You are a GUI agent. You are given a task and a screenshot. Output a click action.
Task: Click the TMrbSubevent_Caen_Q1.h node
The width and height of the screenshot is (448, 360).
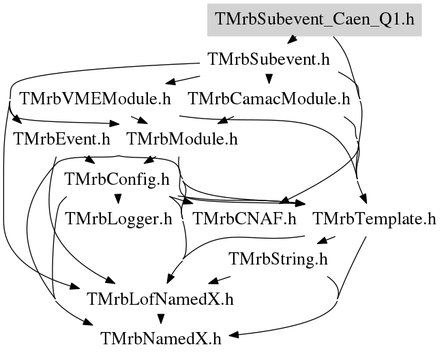(x=314, y=20)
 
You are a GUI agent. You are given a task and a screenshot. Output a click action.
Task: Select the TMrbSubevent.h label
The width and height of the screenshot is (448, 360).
(x=269, y=59)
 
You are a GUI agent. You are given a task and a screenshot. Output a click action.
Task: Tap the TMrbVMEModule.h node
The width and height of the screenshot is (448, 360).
(x=95, y=99)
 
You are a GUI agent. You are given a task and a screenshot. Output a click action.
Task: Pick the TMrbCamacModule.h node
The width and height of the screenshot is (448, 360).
(x=269, y=99)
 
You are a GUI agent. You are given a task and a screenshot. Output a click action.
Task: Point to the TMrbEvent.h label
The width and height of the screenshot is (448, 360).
(x=62, y=139)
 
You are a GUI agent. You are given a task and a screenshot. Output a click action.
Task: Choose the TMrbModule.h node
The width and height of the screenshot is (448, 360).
(x=182, y=139)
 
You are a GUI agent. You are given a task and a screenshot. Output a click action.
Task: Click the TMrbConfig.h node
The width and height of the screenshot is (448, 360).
(x=117, y=179)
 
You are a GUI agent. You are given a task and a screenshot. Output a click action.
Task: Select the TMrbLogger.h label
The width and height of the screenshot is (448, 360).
(x=119, y=219)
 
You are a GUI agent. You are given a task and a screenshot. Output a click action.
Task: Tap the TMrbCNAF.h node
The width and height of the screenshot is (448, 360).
(x=245, y=219)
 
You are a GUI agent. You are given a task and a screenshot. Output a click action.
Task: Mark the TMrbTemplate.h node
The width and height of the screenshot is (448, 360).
(x=374, y=219)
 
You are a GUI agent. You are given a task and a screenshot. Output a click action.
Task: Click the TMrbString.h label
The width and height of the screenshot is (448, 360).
(x=278, y=259)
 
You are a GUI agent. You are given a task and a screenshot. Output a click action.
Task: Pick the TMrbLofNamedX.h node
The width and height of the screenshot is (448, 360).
(x=160, y=299)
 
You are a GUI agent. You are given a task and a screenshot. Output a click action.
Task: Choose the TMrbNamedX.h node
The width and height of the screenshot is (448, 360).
(x=161, y=339)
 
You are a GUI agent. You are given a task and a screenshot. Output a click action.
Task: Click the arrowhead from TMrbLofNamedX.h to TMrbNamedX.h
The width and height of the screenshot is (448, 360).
(x=161, y=319)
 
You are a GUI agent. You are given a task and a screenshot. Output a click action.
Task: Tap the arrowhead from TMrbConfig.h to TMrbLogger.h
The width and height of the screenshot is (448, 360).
(x=118, y=199)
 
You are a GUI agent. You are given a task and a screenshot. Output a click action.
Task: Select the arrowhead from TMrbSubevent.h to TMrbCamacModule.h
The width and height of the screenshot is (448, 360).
(x=269, y=79)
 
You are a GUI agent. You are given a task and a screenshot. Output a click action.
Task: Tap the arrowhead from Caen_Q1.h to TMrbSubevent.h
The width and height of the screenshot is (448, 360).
(x=292, y=40)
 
